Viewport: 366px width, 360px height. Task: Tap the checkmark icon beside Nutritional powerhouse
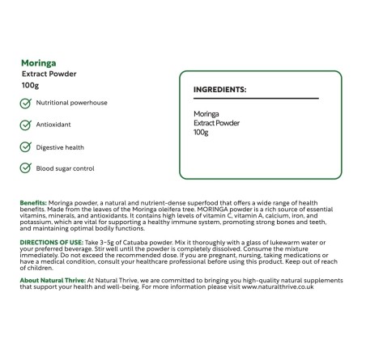(x=26, y=104)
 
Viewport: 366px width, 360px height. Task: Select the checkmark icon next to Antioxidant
(x=26, y=125)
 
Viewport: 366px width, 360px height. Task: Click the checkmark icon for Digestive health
(x=26, y=147)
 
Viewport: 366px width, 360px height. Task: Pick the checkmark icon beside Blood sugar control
(x=26, y=169)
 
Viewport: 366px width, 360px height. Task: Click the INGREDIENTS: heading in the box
(x=219, y=89)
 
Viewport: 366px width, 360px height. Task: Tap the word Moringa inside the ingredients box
(x=206, y=114)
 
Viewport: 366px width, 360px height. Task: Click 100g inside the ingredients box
(x=201, y=132)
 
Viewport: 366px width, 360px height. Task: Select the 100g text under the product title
(x=30, y=85)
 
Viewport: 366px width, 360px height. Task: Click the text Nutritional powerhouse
(x=71, y=104)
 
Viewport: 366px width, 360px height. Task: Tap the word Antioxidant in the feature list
(x=54, y=125)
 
